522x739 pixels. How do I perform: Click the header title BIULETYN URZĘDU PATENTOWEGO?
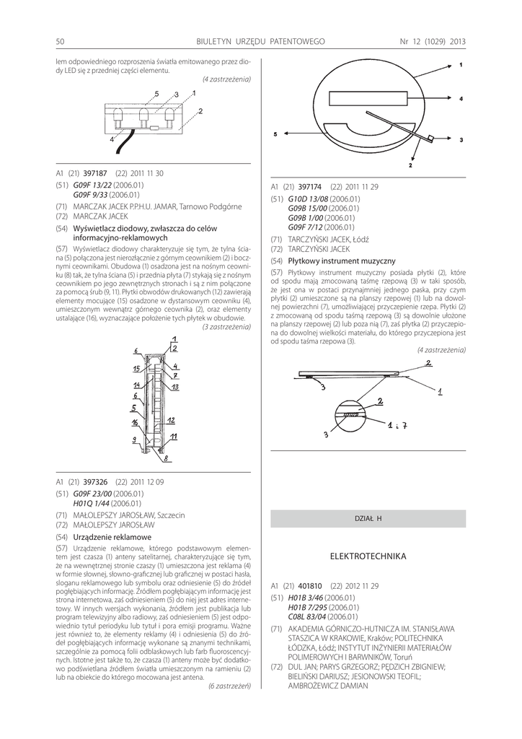260,41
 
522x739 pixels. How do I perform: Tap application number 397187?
95,173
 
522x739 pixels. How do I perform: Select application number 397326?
95,481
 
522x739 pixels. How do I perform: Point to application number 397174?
310,186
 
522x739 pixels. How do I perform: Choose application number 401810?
310,585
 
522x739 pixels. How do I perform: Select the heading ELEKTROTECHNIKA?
368,556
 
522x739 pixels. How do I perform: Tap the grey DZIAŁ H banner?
368,519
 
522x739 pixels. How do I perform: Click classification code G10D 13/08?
308,198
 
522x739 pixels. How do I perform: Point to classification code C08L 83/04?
307,617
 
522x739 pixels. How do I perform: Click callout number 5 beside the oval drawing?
275,134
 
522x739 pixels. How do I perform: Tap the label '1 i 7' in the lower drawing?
397,426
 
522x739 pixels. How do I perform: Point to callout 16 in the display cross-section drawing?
135,422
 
